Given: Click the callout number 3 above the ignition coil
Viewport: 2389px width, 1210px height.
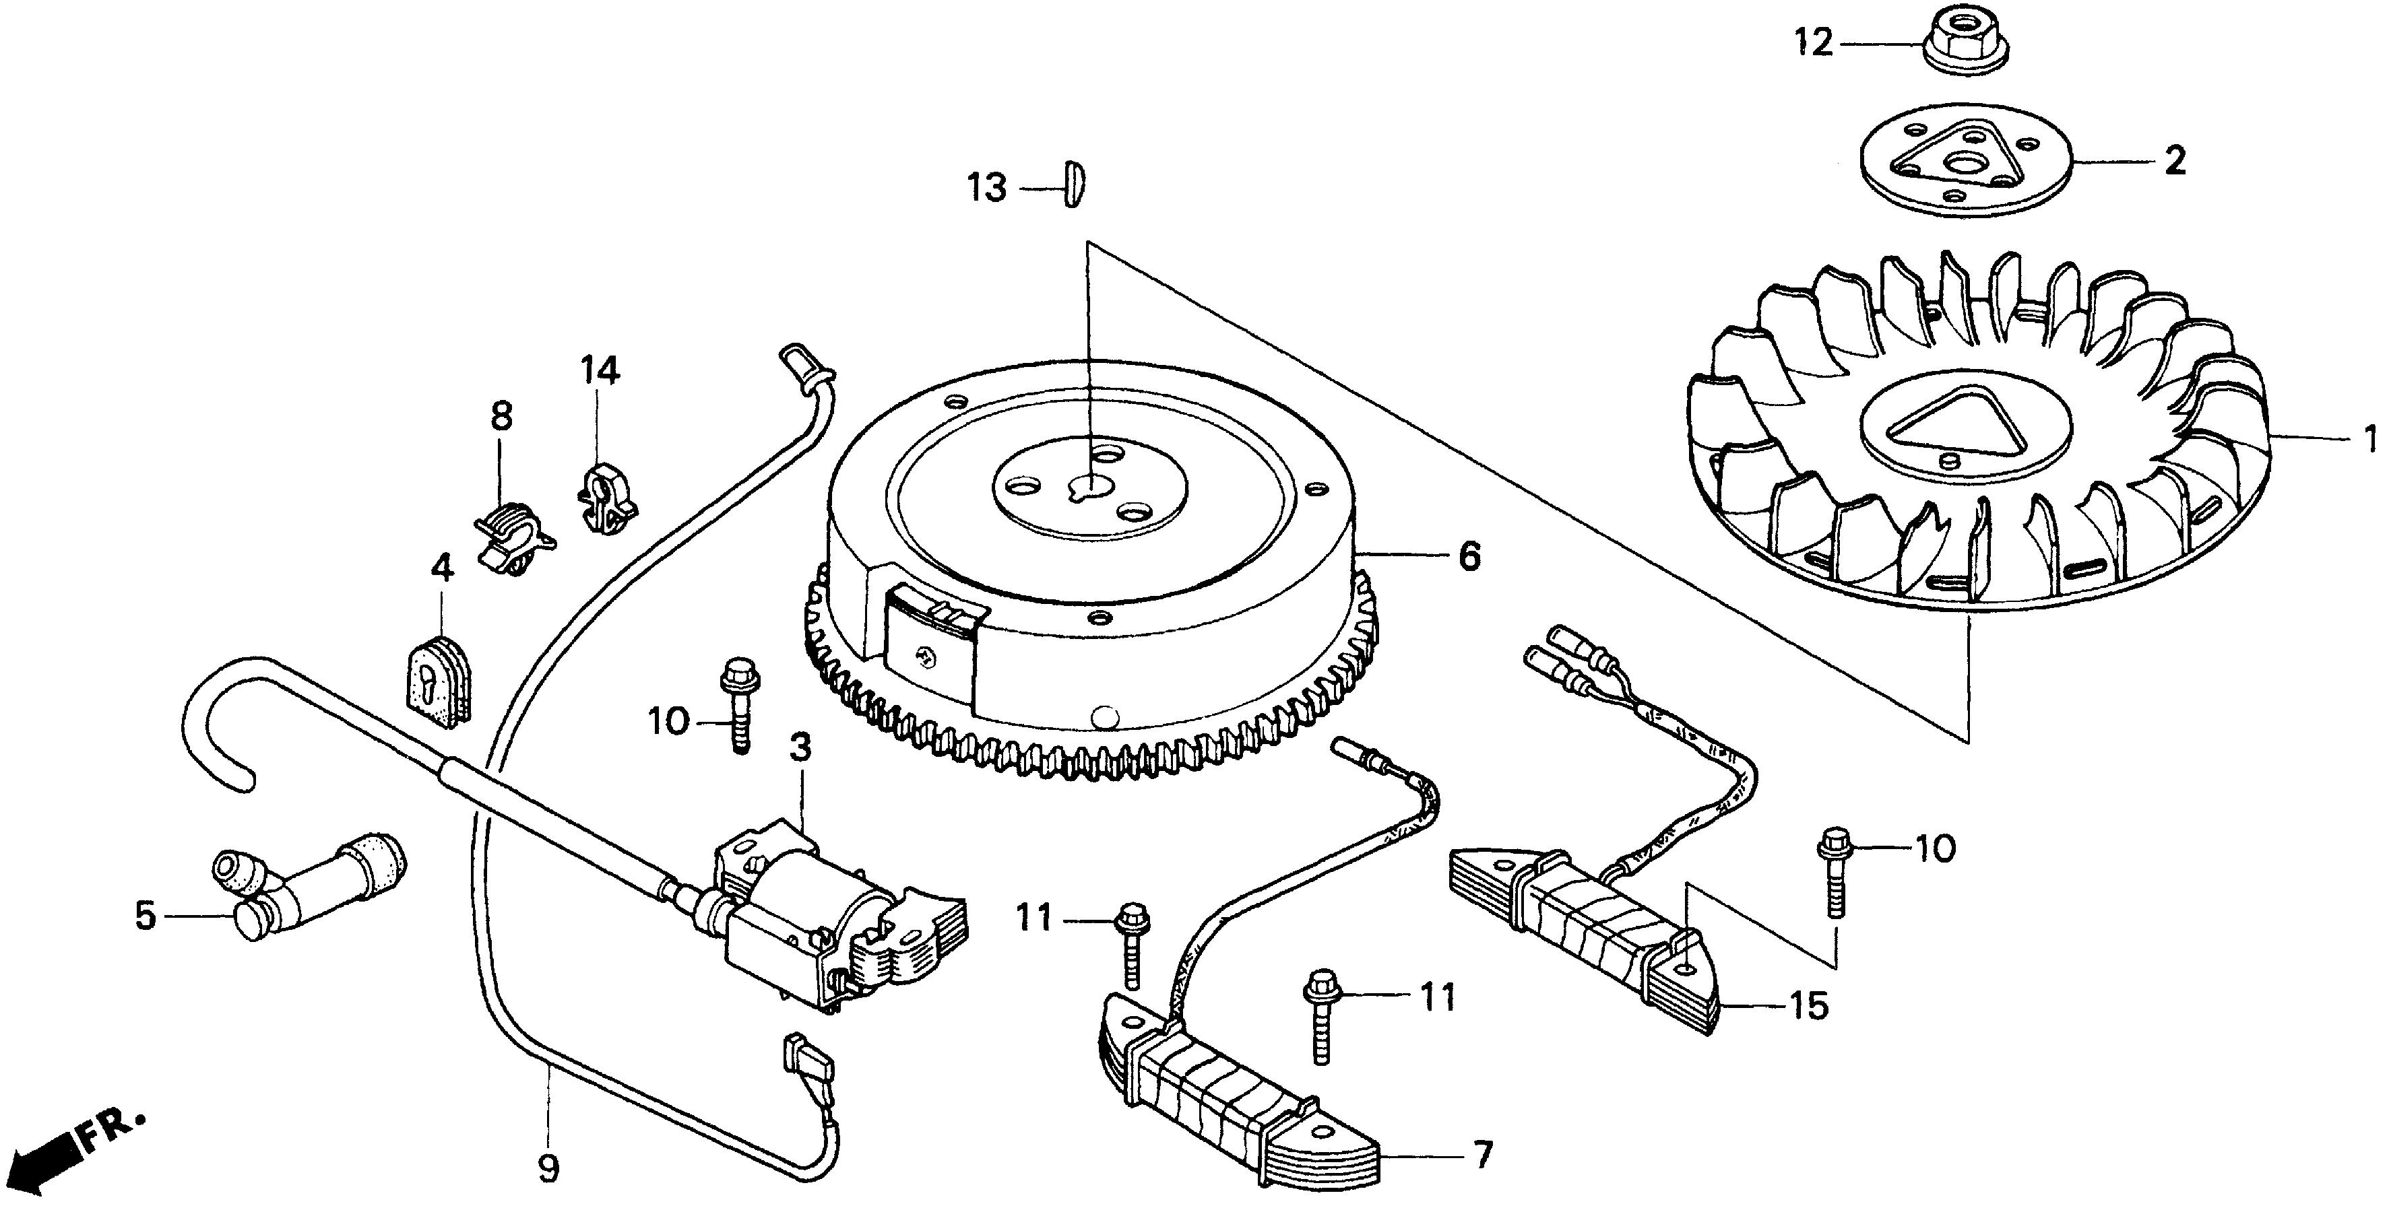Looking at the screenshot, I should click(x=800, y=746).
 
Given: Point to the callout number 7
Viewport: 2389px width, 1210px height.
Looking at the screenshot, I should click(x=1483, y=1155).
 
